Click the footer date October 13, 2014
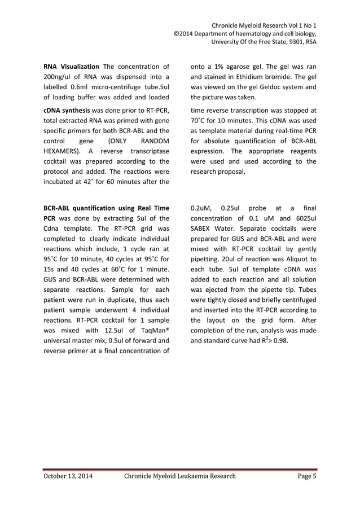(68, 476)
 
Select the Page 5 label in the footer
(307, 476)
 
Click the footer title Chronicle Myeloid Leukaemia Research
(179, 476)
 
